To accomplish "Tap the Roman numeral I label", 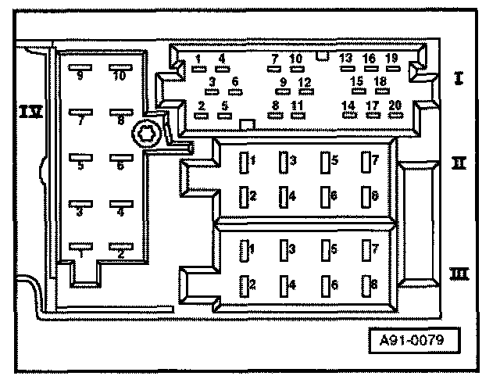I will click(x=460, y=78).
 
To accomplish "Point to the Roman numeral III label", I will click(x=459, y=274).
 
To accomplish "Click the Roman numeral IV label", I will click(x=30, y=113).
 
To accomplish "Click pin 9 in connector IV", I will click(x=80, y=68).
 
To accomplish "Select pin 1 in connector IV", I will click(x=80, y=245).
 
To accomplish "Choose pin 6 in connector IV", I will click(x=120, y=157).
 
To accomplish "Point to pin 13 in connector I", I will click(x=345, y=67).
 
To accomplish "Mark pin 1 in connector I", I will click(x=199, y=68).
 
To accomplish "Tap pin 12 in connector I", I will click(x=305, y=91).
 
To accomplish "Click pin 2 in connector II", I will click(x=243, y=196).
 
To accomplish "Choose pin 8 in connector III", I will click(x=365, y=285).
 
